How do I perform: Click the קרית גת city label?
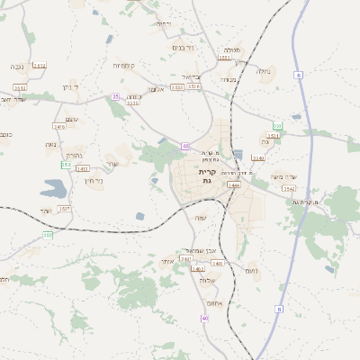207,175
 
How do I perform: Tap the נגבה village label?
17,66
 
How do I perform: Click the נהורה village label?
74,154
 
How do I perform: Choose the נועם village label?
252,270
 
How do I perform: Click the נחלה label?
263,71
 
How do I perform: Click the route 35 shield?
114,96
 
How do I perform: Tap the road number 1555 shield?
224,58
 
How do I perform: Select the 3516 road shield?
193,87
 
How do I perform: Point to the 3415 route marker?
59,128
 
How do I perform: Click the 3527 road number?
64,208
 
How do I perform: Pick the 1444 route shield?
234,184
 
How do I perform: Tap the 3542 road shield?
289,189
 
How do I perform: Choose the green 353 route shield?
66,165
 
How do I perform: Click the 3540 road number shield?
258,158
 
